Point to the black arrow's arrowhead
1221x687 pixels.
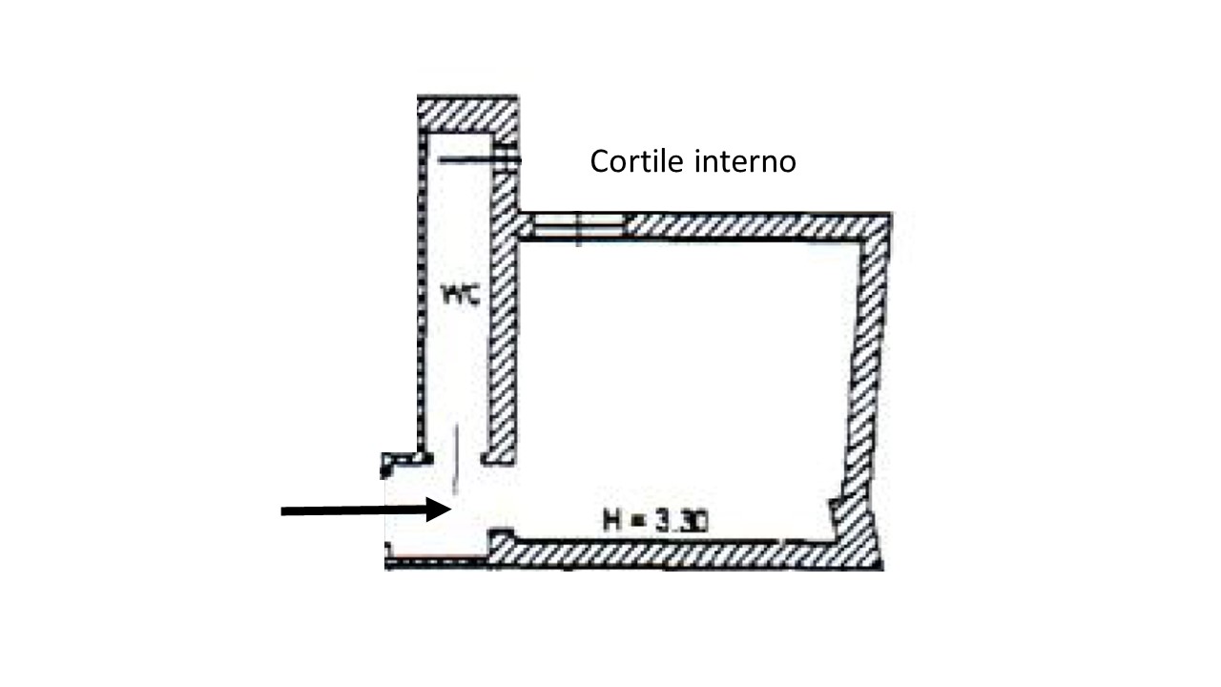441,510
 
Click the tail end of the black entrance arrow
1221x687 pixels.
284,511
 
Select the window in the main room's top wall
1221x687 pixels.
577,226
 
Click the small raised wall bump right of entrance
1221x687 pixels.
502,536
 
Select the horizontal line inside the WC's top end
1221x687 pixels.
467,161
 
